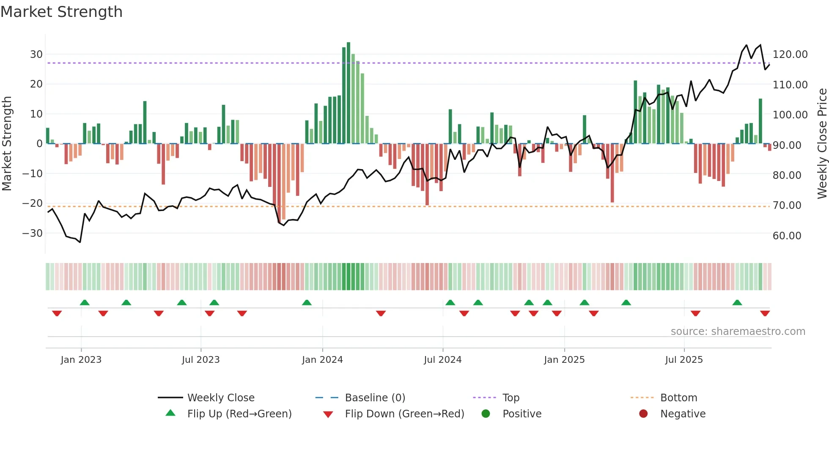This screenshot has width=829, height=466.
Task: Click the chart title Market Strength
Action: [x=61, y=12]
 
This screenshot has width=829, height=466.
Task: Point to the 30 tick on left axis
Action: [x=36, y=55]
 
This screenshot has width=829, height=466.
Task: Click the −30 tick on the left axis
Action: [x=33, y=233]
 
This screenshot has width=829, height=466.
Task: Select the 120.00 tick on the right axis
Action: [x=790, y=55]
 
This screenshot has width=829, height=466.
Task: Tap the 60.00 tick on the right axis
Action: [x=787, y=236]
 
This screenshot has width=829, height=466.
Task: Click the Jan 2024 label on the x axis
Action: [x=322, y=360]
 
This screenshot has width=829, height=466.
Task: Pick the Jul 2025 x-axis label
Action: [x=684, y=360]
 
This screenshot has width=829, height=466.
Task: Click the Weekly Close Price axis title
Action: [x=822, y=143]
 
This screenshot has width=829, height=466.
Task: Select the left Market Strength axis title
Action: [x=7, y=143]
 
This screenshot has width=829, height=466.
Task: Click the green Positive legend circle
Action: [x=486, y=414]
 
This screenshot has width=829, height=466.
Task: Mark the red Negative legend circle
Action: [x=643, y=414]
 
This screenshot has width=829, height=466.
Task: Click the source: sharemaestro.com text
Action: [x=738, y=332]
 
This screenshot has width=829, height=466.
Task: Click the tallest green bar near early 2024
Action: [x=348, y=93]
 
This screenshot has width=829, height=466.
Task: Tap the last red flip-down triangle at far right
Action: [x=765, y=313]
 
